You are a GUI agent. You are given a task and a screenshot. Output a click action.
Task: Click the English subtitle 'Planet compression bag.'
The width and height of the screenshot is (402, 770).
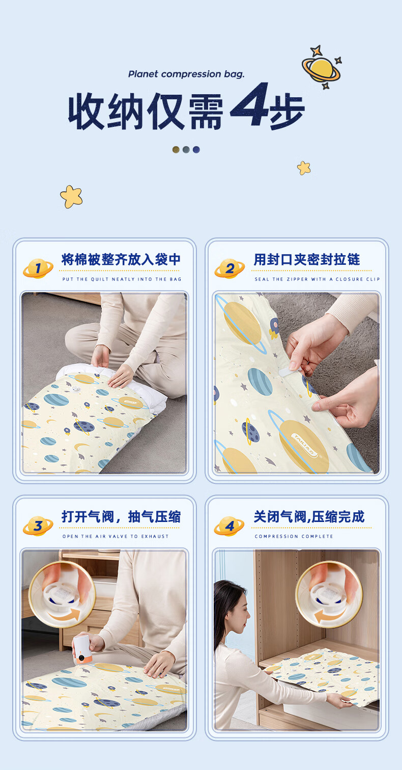[x=186, y=74]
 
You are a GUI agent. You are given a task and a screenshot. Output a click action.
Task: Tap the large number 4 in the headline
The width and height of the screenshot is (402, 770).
[x=250, y=104]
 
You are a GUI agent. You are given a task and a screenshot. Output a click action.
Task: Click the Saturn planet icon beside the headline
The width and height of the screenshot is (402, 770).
[x=322, y=67]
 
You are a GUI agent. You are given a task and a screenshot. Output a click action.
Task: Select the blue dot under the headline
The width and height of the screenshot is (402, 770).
[x=196, y=150]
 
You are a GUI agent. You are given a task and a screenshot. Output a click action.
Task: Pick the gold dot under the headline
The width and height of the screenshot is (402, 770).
[x=176, y=150]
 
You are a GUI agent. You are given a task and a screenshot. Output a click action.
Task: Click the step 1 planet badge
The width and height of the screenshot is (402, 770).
[x=38, y=268]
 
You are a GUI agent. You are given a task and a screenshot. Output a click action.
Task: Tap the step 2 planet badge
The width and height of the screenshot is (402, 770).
[x=229, y=268]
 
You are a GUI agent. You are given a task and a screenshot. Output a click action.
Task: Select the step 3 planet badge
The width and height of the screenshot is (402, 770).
[x=38, y=526]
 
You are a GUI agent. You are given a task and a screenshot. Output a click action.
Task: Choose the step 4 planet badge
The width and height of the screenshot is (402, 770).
[x=229, y=526]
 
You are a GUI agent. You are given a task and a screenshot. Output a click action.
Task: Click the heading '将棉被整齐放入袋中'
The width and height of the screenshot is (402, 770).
[x=121, y=260]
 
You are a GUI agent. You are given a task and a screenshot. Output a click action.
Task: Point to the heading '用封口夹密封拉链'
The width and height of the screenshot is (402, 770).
[x=307, y=260]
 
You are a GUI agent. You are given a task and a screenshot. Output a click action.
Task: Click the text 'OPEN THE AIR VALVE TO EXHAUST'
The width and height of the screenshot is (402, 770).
[x=116, y=536]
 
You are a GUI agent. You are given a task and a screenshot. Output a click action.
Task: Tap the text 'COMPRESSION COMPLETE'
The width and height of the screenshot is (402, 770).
[x=294, y=536]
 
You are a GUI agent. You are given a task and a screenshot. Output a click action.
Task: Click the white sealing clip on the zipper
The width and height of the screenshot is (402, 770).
[x=289, y=372]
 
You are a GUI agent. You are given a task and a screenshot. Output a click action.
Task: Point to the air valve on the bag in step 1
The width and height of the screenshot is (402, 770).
[x=76, y=389]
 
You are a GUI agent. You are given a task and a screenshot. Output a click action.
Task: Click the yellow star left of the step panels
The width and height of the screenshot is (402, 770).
[x=71, y=197]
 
